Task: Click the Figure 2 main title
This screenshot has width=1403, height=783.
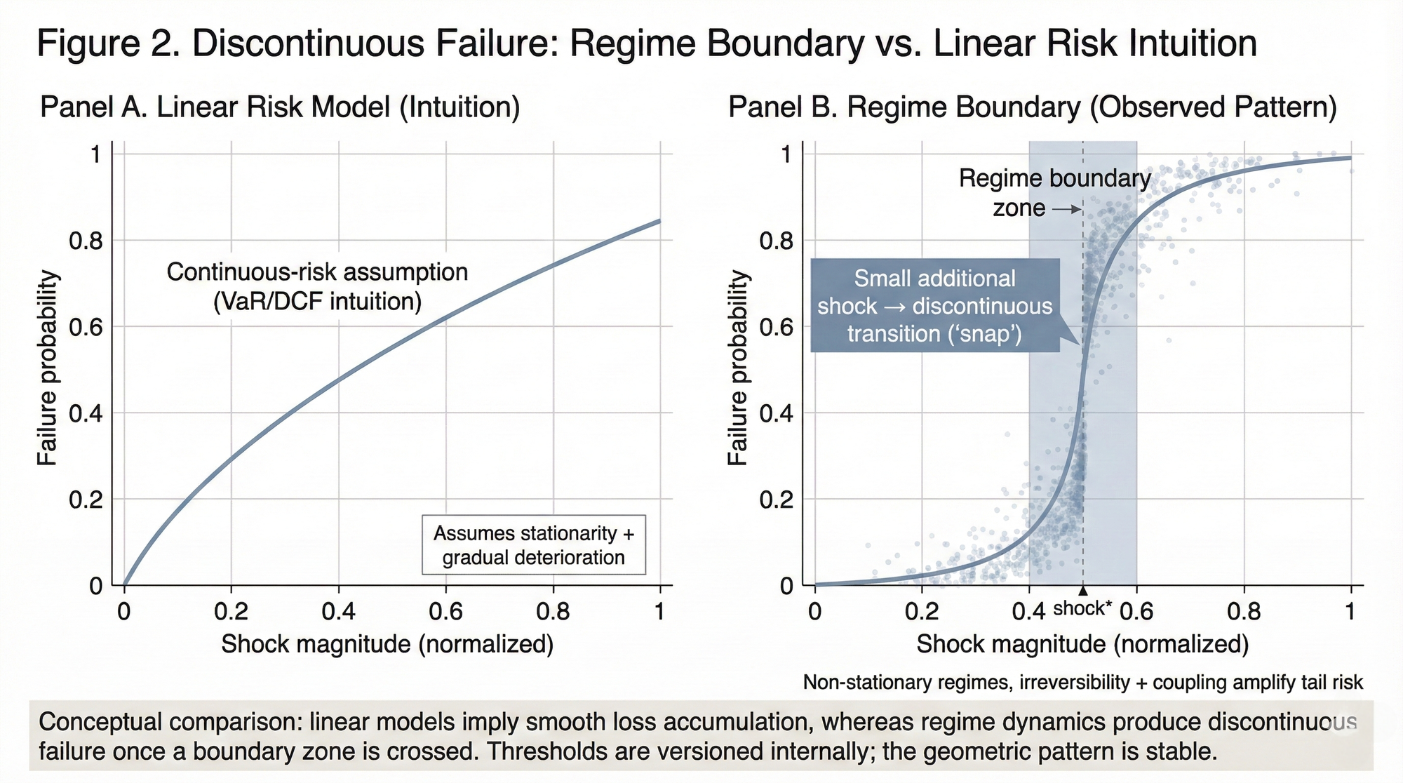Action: click(645, 43)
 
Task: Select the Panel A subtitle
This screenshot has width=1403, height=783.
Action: click(280, 108)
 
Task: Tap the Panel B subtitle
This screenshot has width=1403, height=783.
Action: click(1032, 108)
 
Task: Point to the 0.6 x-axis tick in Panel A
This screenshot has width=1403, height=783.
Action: click(445, 612)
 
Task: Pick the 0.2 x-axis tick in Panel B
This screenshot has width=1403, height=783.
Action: click(921, 612)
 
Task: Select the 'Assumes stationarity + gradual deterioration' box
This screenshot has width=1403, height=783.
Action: click(533, 545)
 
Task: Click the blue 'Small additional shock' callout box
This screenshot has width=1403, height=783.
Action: click(934, 306)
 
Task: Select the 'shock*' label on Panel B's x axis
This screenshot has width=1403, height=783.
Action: click(1082, 608)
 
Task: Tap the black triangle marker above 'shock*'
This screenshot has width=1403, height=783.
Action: click(1083, 591)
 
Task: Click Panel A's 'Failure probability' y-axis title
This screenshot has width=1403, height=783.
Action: click(47, 368)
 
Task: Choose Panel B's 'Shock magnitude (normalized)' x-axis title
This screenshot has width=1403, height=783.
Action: click(1082, 644)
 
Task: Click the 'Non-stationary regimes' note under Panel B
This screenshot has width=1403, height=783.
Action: click(1082, 682)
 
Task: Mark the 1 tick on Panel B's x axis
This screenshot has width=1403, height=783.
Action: click(1350, 612)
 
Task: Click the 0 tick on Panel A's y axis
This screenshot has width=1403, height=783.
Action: click(96, 586)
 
